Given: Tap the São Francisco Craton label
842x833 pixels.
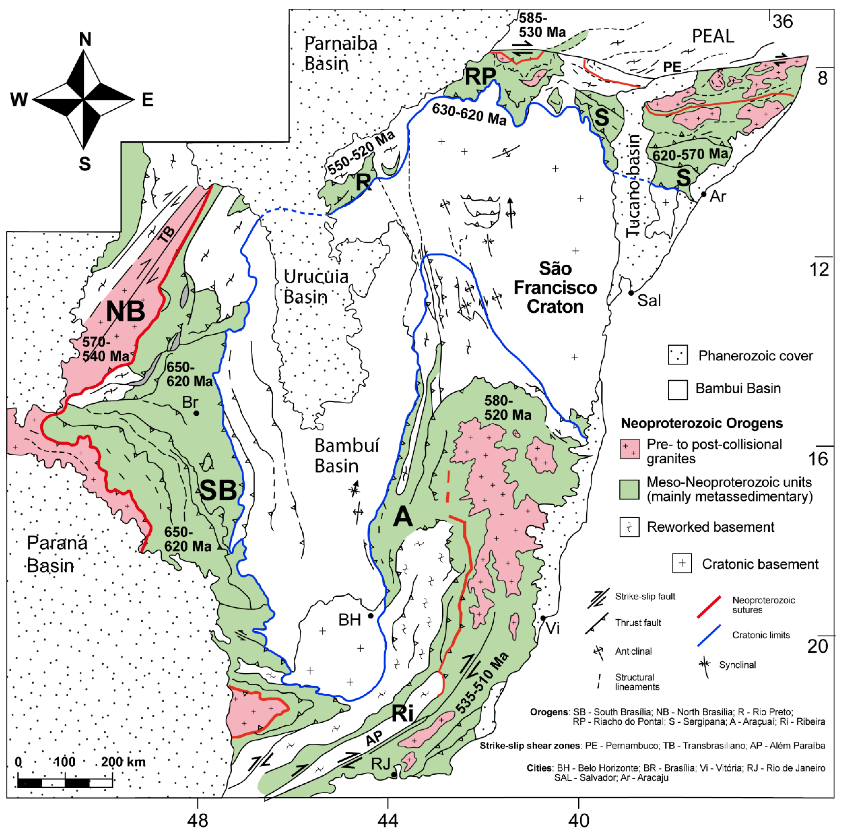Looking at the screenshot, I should [x=555, y=287].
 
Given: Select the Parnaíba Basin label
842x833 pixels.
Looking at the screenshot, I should [x=340, y=53].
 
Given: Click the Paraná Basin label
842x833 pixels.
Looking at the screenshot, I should [x=57, y=554].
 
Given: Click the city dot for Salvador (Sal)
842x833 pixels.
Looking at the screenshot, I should [x=631, y=293].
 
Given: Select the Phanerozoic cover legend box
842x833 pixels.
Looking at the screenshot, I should [x=678, y=355].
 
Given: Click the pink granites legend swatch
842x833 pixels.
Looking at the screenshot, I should [x=630, y=449].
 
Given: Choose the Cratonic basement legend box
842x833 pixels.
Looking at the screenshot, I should [x=682, y=563].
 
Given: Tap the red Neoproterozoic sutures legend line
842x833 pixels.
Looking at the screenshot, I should [x=709, y=607].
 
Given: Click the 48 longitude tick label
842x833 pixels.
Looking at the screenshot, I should [x=197, y=820].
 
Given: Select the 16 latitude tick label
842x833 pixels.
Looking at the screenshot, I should [x=818, y=459].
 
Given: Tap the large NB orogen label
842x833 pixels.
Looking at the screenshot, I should [x=125, y=311].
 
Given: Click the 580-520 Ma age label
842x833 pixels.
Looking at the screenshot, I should [x=508, y=408].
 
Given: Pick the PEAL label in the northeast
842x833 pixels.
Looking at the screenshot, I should [x=713, y=36].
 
